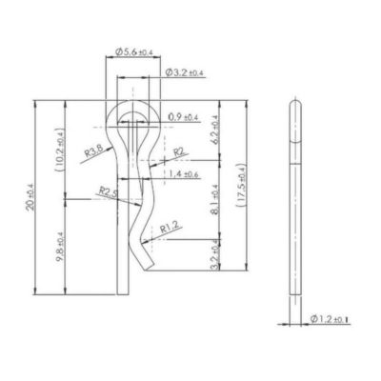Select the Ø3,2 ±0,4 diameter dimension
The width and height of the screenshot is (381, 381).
[183, 72]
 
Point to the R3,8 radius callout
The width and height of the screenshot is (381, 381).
[93, 150]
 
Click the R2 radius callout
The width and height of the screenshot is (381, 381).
[178, 150]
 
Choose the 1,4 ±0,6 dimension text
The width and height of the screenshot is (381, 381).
[183, 175]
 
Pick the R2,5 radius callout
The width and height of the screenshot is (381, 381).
[110, 191]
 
